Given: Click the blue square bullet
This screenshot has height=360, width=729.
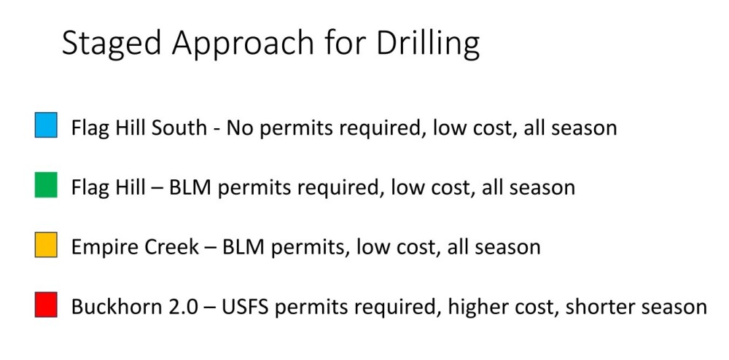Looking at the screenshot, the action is click(x=46, y=125).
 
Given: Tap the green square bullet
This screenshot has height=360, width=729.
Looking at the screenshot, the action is click(x=46, y=185).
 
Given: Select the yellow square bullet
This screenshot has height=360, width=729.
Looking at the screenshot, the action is click(x=46, y=245).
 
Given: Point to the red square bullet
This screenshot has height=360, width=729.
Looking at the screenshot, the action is click(x=46, y=305).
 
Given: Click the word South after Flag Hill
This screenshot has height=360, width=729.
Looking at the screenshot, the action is click(x=179, y=128).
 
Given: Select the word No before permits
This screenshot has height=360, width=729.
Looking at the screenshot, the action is click(x=239, y=128).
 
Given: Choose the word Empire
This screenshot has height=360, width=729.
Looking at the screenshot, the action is click(x=100, y=247).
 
